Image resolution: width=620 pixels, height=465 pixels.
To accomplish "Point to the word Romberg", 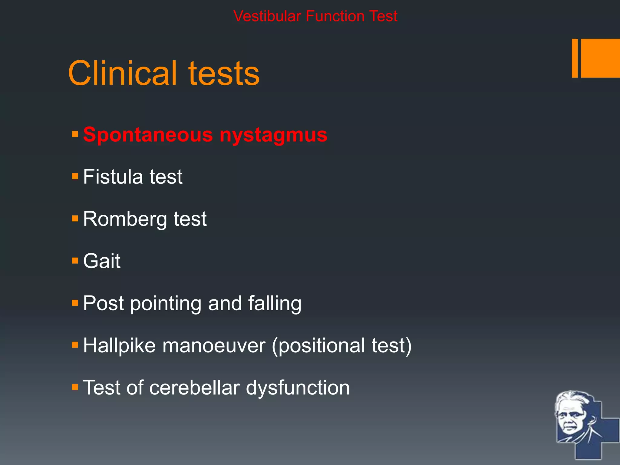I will pos(125,219).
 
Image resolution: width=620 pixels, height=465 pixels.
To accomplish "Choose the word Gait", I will pos(102,261).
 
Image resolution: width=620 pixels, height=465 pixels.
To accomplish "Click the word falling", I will pos(275,303).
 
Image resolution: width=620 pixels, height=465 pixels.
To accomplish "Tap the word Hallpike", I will pos(119,345).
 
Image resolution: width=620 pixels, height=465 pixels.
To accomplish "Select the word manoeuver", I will pos(214,345).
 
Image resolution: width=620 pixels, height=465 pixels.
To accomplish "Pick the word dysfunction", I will pos(298,387).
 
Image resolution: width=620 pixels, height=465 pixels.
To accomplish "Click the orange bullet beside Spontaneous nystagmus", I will pos(75,134).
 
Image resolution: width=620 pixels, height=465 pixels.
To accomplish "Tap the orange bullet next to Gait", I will pos(75,260).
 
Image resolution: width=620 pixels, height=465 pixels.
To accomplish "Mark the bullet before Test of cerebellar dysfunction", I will pos(75,387).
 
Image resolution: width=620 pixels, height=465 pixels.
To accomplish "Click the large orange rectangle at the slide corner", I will pos(600,58).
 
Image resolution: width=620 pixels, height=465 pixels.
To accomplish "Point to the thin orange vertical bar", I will pos(575,58).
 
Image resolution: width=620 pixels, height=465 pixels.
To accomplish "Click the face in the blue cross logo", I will pos(571,416).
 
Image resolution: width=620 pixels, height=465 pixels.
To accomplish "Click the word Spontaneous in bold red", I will pos(148,135).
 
